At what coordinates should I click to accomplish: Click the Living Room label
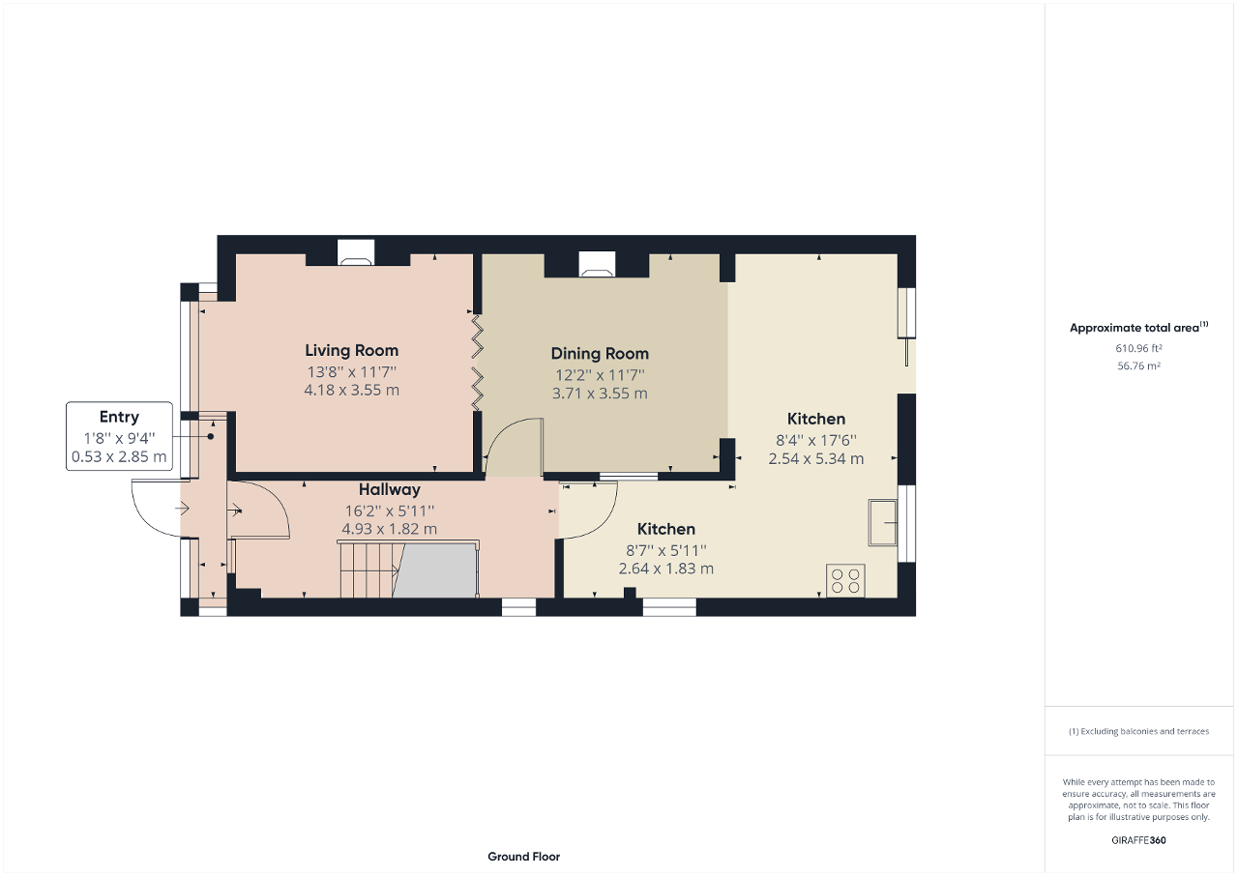point(351,351)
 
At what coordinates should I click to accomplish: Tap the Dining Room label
point(600,354)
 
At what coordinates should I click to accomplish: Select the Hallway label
point(390,490)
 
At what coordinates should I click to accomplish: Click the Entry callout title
point(119,418)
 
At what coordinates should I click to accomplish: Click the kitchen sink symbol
point(882,523)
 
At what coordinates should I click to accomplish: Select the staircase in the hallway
point(368,569)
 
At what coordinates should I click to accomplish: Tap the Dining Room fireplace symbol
point(596,263)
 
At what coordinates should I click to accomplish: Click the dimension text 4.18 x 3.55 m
point(351,391)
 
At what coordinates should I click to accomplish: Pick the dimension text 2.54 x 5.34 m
point(816,459)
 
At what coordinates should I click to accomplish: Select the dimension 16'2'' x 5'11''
point(389,511)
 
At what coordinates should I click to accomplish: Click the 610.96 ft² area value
point(1138,348)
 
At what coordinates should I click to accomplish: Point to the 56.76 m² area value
point(1138,366)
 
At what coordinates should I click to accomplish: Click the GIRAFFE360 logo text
point(1138,840)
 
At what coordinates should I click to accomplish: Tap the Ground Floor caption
point(523,857)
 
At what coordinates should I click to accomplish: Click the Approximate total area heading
point(1137,328)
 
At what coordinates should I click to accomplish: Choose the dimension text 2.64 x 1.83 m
point(666,569)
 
